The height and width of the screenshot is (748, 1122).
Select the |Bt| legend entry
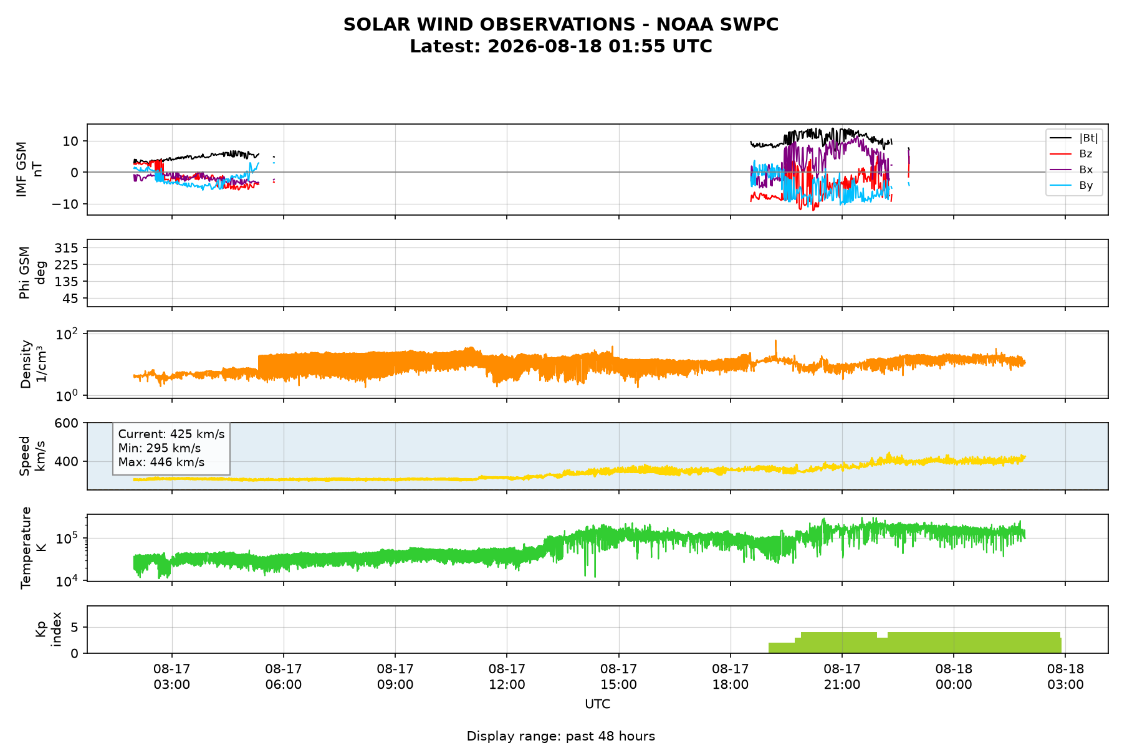pyautogui.click(x=1074, y=138)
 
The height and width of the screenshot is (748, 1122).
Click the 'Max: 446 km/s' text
pyautogui.click(x=161, y=463)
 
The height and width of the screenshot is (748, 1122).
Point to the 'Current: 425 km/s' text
pyautogui.click(x=171, y=434)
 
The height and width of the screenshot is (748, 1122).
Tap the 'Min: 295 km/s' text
pyautogui.click(x=160, y=448)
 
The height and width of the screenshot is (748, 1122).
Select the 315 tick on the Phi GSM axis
pyautogui.click(x=67, y=248)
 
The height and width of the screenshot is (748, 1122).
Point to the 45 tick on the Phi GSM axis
pyautogui.click(x=71, y=299)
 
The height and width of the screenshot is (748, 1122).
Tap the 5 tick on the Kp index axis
pyautogui.click(x=75, y=627)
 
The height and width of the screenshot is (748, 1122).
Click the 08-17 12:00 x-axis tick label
pyautogui.click(x=507, y=676)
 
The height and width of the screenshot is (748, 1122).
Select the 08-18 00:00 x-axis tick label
pyautogui.click(x=954, y=676)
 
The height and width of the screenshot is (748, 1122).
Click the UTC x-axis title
pyautogui.click(x=598, y=704)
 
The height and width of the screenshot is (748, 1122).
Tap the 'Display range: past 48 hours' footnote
pyautogui.click(x=561, y=736)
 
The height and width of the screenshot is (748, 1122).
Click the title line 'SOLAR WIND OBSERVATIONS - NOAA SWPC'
pyautogui.click(x=561, y=24)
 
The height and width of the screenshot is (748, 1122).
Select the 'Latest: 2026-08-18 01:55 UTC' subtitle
pyautogui.click(x=561, y=46)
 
